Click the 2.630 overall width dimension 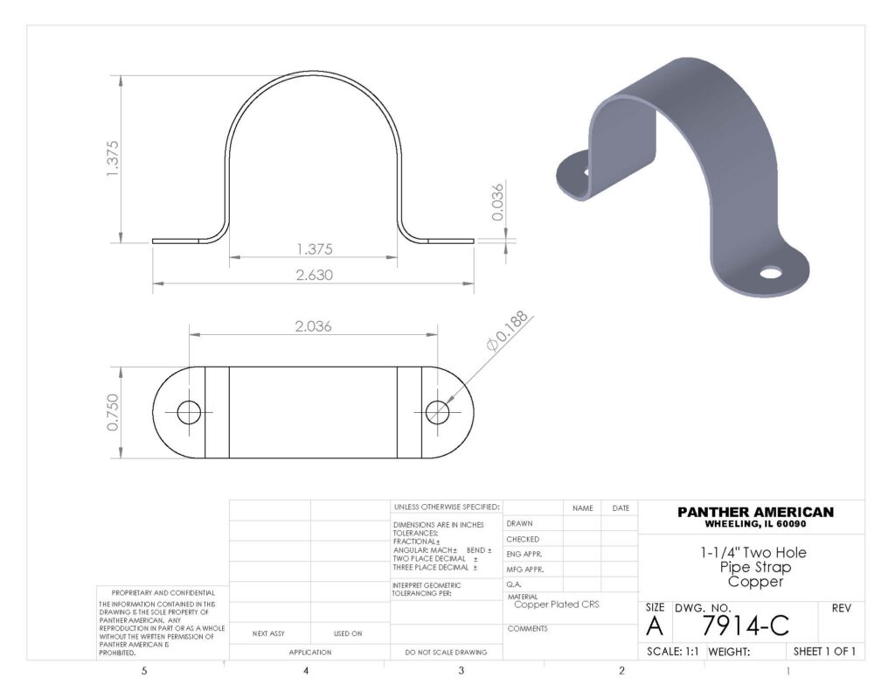314,275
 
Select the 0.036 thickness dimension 497,202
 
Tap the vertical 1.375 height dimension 113,158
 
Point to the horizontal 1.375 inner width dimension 314,249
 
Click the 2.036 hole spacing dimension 313,326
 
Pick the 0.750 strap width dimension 113,412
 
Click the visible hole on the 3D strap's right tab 769,273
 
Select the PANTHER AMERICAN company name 756,512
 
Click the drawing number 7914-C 746,626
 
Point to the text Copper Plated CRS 557,605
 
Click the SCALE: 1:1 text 672,652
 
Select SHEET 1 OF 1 823,652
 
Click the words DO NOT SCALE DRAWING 446,653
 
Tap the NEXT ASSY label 268,633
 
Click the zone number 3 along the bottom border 461,672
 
